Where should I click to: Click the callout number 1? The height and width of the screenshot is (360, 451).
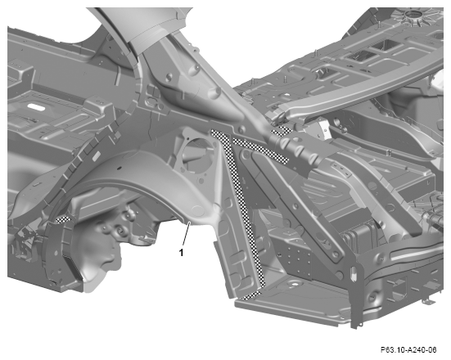point(181,253)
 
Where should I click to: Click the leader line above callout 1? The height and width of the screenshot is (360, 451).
point(186,234)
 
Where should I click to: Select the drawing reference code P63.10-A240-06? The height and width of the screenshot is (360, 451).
point(408,350)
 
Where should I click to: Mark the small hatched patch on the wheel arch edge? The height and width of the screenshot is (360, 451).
point(63,219)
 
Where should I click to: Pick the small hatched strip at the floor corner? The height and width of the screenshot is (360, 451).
point(251,295)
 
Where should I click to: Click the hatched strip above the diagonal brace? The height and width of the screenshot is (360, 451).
point(260,151)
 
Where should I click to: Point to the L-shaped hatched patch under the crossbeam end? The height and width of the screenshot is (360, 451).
point(282,131)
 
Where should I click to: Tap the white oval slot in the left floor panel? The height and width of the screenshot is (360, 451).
point(36,107)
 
